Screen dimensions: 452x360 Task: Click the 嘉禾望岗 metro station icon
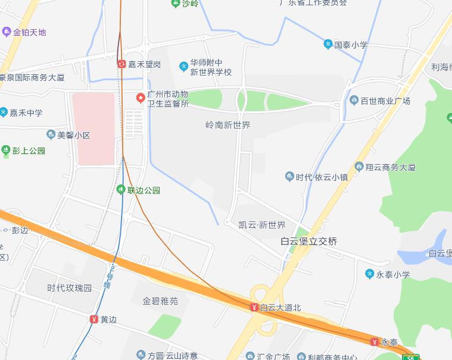coord(122,64)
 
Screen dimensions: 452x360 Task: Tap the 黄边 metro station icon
coord(93,319)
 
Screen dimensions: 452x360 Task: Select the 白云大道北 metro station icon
coord(254,307)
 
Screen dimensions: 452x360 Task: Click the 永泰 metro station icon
coord(375,342)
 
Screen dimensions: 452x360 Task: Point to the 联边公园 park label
coord(144,190)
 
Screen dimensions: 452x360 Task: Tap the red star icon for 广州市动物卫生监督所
coord(141,98)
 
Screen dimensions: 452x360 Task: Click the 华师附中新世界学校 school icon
coord(183,65)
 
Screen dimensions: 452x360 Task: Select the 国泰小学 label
coord(351,45)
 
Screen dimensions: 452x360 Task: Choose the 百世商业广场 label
coord(385,101)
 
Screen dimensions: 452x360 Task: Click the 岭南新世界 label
coord(227,125)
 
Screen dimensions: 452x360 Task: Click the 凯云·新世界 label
coord(254,224)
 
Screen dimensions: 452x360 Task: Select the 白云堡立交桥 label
coord(308,241)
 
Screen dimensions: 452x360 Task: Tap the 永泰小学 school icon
coord(370,274)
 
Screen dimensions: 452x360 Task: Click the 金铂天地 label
coord(29,32)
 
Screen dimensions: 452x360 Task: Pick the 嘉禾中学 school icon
coord(4,112)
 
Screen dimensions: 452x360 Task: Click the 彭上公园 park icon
coord(6,151)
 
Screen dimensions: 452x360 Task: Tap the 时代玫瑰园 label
coord(70,288)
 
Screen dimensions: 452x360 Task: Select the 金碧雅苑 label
coord(160,301)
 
